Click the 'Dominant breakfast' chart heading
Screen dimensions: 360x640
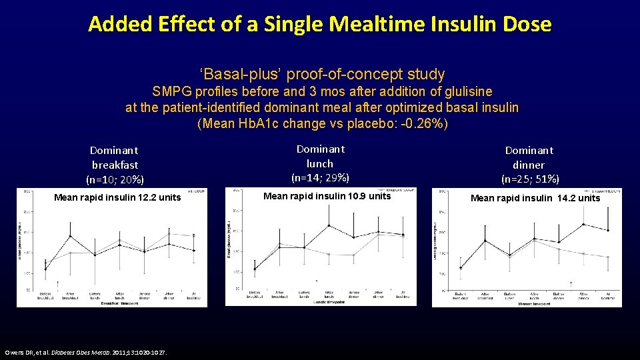click(115, 157)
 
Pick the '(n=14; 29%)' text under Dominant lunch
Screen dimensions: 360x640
click(321, 177)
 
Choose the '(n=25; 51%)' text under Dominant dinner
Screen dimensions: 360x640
click(530, 179)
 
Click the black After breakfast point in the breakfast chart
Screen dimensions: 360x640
click(71, 236)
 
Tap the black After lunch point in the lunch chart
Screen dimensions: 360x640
click(329, 225)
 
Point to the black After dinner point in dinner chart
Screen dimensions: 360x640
click(583, 224)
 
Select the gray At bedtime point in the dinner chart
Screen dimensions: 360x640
click(608, 257)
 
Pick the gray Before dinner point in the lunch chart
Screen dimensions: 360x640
click(353, 255)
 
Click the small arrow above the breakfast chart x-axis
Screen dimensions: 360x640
click(57, 283)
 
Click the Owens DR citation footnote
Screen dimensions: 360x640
click(86, 352)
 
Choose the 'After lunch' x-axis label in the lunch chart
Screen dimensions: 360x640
click(329, 295)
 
